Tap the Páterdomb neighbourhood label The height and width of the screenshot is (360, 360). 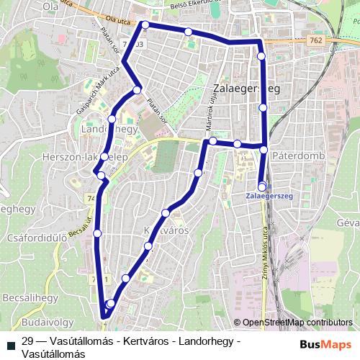(300, 156)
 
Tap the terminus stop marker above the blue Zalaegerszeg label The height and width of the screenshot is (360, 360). (262, 185)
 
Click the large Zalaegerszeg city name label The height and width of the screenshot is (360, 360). (246, 89)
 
